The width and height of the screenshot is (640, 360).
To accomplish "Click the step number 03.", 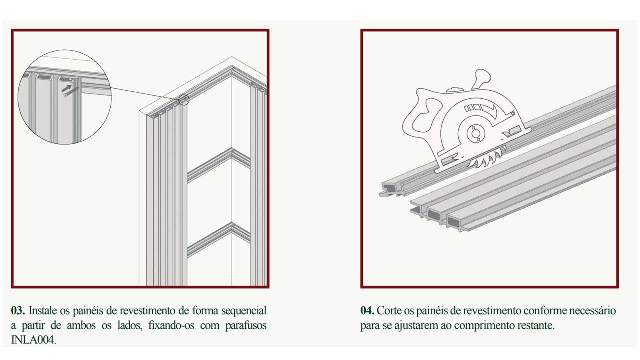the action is click(x=18, y=311).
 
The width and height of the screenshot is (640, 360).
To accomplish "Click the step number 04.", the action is click(x=367, y=311).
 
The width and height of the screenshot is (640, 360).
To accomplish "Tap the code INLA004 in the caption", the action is click(x=33, y=340).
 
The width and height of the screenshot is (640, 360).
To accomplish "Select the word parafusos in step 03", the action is click(x=246, y=326).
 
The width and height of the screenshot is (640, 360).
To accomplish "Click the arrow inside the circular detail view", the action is click(x=67, y=88).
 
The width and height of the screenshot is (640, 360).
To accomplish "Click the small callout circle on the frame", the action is click(x=184, y=100).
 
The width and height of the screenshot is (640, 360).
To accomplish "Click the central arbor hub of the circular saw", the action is click(x=475, y=133).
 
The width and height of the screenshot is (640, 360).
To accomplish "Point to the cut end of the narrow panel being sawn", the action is click(x=391, y=189).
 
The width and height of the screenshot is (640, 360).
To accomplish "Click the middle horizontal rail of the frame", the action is click(x=219, y=165).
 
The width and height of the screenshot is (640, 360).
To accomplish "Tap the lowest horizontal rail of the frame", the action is click(x=219, y=239).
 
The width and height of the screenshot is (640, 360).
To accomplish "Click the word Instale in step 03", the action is click(x=44, y=311).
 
